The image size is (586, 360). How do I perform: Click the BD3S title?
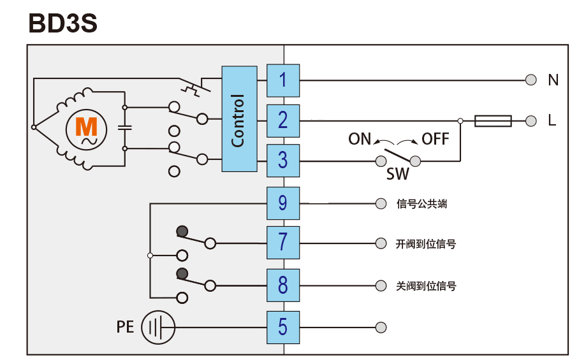point(62,24)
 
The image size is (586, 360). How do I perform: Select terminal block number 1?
point(282,80)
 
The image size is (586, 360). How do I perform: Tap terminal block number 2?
point(282,120)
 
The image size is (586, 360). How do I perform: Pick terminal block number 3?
point(282,160)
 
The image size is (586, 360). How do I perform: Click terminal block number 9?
point(282,203)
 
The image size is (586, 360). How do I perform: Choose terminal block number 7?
point(282,243)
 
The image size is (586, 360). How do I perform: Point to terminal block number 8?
point(282,285)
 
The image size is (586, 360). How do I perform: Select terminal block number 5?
point(282,327)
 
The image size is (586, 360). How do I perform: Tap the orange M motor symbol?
point(86,128)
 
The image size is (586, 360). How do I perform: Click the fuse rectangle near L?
point(493,120)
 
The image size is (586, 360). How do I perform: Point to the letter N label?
point(553,80)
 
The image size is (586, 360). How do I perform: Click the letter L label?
point(552,120)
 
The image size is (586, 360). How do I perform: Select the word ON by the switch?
point(360,139)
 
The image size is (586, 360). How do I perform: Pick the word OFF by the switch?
point(436,139)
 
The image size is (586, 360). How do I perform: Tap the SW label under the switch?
point(398,173)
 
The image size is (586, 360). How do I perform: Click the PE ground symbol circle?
point(157,328)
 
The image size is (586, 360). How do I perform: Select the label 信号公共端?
point(421,204)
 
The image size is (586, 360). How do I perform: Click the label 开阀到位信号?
point(425,244)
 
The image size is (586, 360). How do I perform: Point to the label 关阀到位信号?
point(425,286)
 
